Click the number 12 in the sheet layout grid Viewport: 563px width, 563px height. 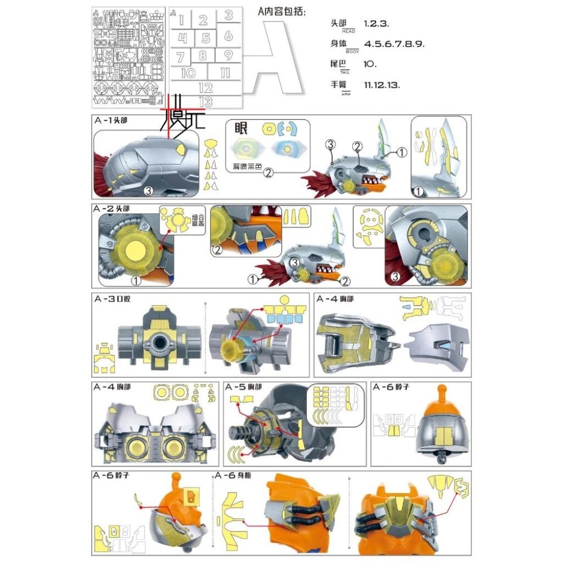click(x=205, y=88)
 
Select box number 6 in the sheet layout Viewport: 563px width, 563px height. click(x=228, y=36)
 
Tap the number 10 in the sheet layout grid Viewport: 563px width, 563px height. click(x=188, y=73)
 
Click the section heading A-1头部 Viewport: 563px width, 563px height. click(x=113, y=120)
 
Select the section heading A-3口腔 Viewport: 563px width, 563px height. click(x=113, y=298)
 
